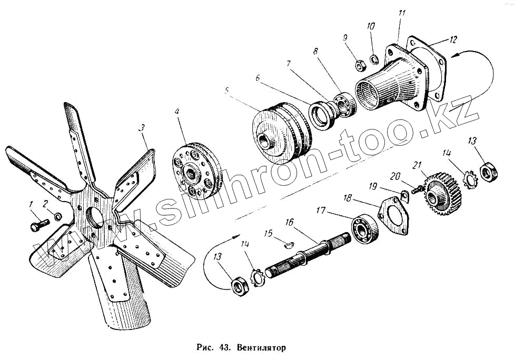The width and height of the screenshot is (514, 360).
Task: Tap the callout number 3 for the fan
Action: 141,128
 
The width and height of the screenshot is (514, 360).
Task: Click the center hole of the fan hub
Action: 95,217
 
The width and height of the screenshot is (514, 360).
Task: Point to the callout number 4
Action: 177,112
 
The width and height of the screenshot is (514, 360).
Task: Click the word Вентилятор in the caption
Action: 261,348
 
